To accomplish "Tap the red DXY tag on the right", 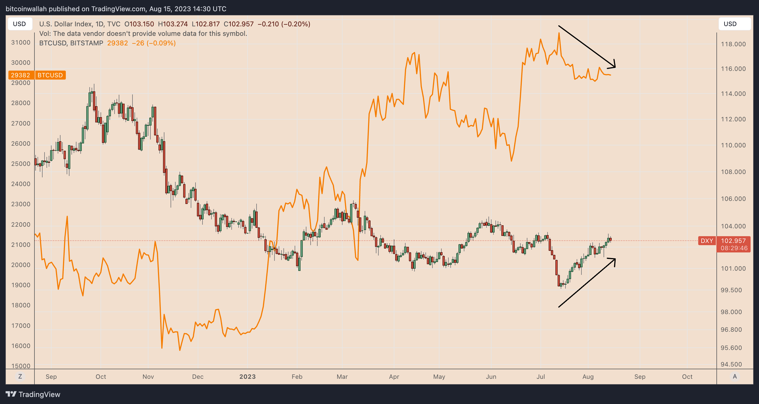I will click(x=707, y=241).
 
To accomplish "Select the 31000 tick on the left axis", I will click(x=21, y=42).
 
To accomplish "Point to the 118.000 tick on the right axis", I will click(x=733, y=44).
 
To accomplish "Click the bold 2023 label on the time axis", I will click(x=247, y=377).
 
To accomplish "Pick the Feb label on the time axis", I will click(x=297, y=377).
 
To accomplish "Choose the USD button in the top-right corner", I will click(x=734, y=24).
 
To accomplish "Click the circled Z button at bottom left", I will click(x=20, y=376).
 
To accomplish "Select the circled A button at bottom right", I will click(x=735, y=376).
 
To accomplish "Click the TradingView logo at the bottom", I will click(x=33, y=394).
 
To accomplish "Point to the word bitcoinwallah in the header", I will click(x=26, y=9).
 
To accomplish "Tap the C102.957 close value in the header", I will click(x=238, y=24).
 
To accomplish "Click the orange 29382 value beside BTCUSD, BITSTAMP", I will click(x=117, y=43).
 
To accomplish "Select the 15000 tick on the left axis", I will click(x=21, y=366).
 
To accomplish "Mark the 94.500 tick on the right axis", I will click(x=733, y=364).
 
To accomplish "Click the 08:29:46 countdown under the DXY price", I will click(x=734, y=248).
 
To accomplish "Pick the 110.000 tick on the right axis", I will click(x=733, y=145).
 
